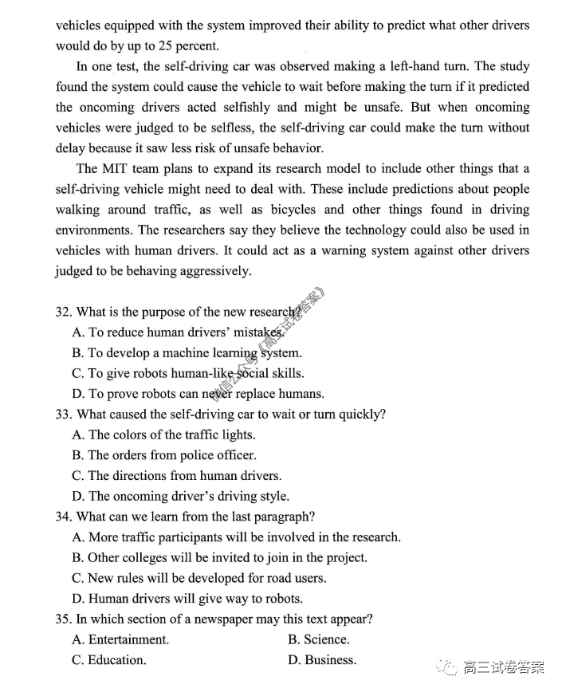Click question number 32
(65, 312)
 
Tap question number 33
(65, 415)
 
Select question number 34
(65, 517)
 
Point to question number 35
(65, 619)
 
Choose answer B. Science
(318, 639)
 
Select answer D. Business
(321, 660)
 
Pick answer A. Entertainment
(120, 639)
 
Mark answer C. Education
(109, 660)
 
